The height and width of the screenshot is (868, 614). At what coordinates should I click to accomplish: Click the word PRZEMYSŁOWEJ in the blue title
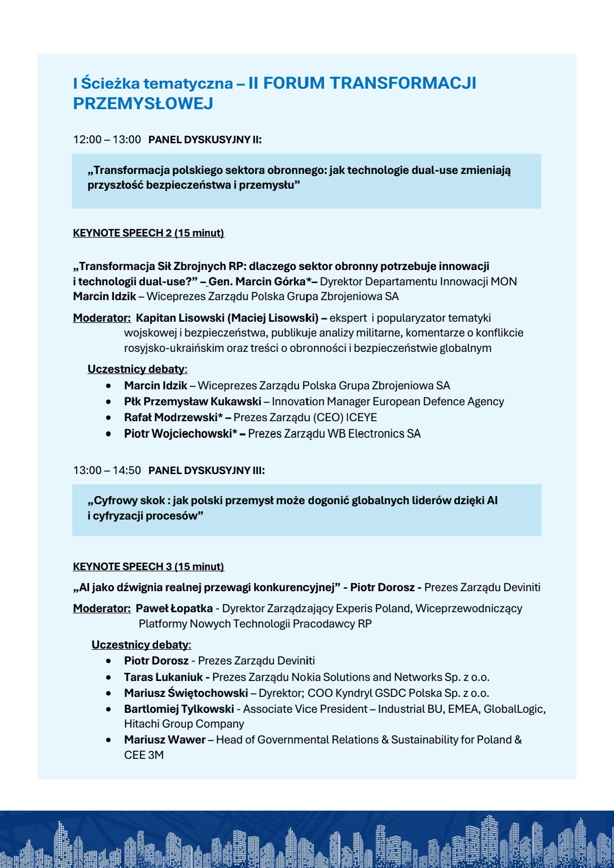click(x=143, y=103)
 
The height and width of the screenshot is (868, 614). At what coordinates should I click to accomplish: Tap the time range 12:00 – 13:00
click(x=107, y=140)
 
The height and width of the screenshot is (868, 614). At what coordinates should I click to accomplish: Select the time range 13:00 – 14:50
click(x=107, y=471)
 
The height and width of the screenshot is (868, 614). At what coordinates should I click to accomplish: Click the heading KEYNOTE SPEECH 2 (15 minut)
click(x=148, y=233)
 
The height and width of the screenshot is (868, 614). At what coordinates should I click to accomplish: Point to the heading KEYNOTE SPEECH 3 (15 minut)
click(x=148, y=567)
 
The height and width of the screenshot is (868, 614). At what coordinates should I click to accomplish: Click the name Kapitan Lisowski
click(x=180, y=318)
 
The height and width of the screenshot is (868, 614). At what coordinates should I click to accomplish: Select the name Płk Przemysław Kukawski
click(x=193, y=402)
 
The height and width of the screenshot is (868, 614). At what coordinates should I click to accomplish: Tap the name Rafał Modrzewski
click(x=171, y=418)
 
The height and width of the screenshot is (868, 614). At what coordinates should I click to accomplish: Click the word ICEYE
click(x=361, y=418)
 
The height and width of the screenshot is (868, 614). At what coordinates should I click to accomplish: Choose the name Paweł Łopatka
click(x=174, y=609)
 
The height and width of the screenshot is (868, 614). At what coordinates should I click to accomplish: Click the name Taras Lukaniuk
click(x=163, y=678)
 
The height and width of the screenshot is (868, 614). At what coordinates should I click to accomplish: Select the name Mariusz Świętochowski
click(x=186, y=693)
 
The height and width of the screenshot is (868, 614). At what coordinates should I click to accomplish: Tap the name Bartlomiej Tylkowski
click(x=179, y=709)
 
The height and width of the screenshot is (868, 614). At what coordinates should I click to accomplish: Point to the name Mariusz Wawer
click(x=165, y=740)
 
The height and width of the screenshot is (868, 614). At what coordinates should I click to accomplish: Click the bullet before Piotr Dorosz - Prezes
click(x=109, y=661)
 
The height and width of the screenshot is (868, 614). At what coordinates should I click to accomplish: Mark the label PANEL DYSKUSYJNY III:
click(x=206, y=471)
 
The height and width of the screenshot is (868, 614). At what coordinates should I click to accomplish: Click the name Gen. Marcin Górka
click(x=257, y=282)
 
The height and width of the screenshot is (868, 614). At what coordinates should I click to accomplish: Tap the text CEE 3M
click(x=144, y=755)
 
